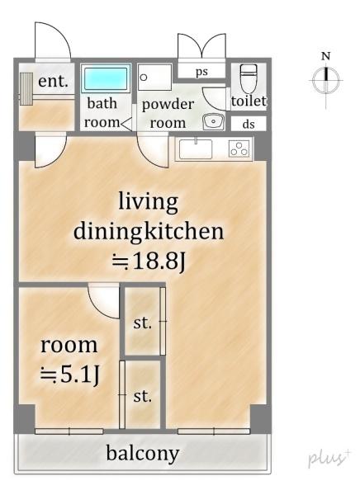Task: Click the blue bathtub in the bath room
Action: pos(107,78)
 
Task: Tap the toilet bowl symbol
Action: pos(249,78)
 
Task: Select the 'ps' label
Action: pos(201,72)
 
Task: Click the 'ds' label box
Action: pos(249,124)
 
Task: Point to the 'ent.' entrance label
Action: pos(53,81)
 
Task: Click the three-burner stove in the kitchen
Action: pos(239,148)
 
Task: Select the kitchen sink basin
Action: pos(196,149)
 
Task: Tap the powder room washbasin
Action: pos(213,121)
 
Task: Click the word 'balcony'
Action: pos(143,454)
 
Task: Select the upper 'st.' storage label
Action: pos(143,323)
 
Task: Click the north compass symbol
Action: pos(326,80)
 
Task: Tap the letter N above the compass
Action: pos(326,56)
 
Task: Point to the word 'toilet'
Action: pos(249,101)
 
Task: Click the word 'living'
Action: pos(149,201)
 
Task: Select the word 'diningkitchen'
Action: pos(149,231)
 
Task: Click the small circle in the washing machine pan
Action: pos(144,78)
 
